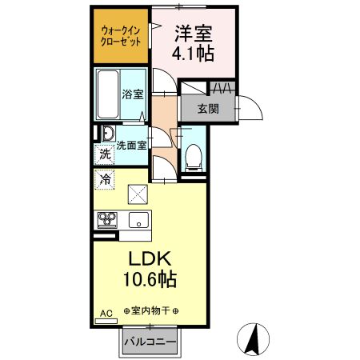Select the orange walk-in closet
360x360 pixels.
[121, 36]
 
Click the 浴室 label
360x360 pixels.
[132, 94]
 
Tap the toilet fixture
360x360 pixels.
[194, 158]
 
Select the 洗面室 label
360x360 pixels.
[130, 146]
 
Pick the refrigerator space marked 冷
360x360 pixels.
[105, 180]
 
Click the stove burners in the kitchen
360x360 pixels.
[107, 218]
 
